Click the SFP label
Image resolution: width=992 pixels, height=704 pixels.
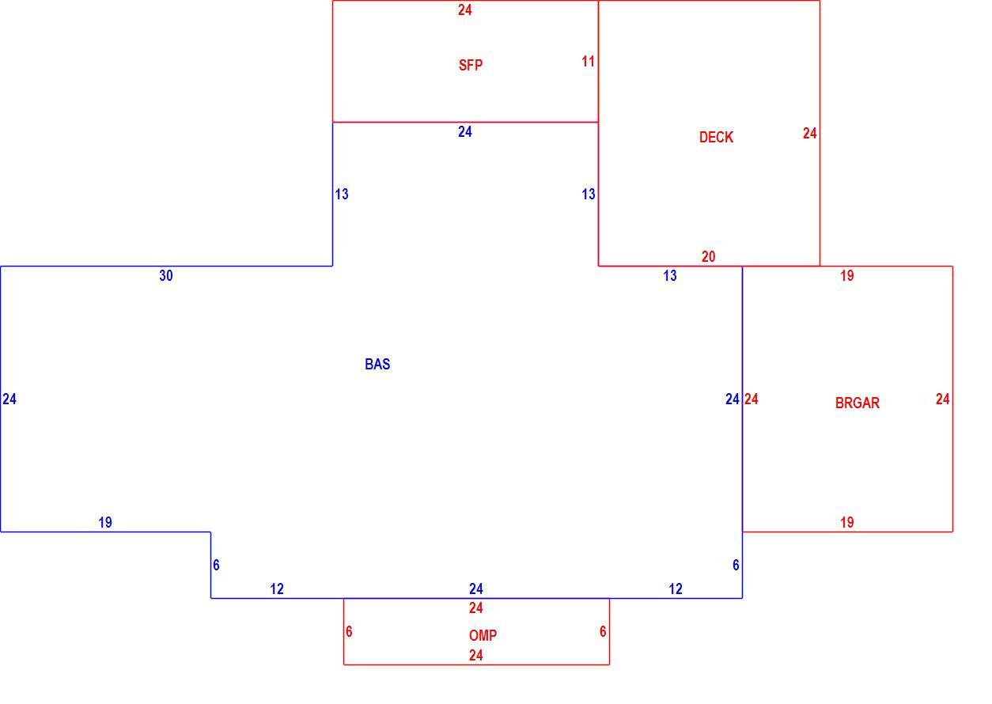click(x=471, y=66)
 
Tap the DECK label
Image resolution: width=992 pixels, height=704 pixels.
click(x=716, y=138)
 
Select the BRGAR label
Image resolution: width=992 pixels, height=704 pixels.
click(x=858, y=403)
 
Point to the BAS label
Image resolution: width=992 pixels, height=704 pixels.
click(x=377, y=364)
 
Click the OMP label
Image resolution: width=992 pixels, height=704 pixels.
click(x=483, y=635)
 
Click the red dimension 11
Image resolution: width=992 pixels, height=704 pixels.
click(x=588, y=62)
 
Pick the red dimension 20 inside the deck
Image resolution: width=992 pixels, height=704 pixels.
click(x=709, y=256)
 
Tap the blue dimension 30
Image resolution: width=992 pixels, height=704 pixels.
click(x=166, y=275)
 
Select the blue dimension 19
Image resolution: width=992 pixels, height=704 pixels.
click(x=105, y=523)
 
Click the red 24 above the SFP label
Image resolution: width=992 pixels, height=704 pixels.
click(x=465, y=9)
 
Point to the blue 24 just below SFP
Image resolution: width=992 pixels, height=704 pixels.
click(x=465, y=131)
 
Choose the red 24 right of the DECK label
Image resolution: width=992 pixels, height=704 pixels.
click(x=810, y=133)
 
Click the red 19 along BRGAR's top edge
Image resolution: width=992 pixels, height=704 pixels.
click(x=847, y=276)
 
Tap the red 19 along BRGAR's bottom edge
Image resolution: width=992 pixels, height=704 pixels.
click(x=847, y=523)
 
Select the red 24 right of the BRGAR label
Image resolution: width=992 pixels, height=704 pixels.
click(x=943, y=399)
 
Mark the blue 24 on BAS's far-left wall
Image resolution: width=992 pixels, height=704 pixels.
click(x=9, y=399)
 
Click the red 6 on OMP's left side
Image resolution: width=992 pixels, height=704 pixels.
click(x=349, y=631)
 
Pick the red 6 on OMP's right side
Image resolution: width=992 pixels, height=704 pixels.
click(x=603, y=631)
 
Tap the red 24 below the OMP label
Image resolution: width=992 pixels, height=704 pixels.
click(x=476, y=655)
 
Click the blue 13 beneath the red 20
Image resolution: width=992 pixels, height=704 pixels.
click(x=670, y=276)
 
